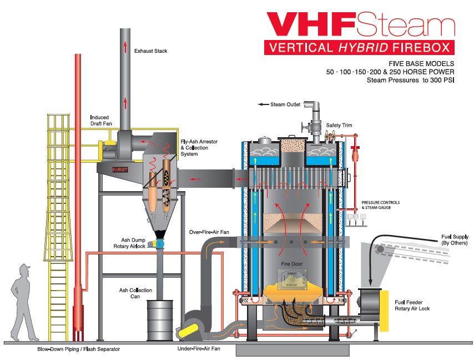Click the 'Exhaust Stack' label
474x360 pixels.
150,51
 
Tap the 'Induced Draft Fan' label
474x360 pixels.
99,121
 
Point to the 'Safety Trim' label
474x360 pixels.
339,126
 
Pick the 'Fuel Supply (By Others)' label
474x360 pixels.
454,240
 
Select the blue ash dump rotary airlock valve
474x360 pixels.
159,243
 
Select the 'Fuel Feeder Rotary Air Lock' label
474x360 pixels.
412,304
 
